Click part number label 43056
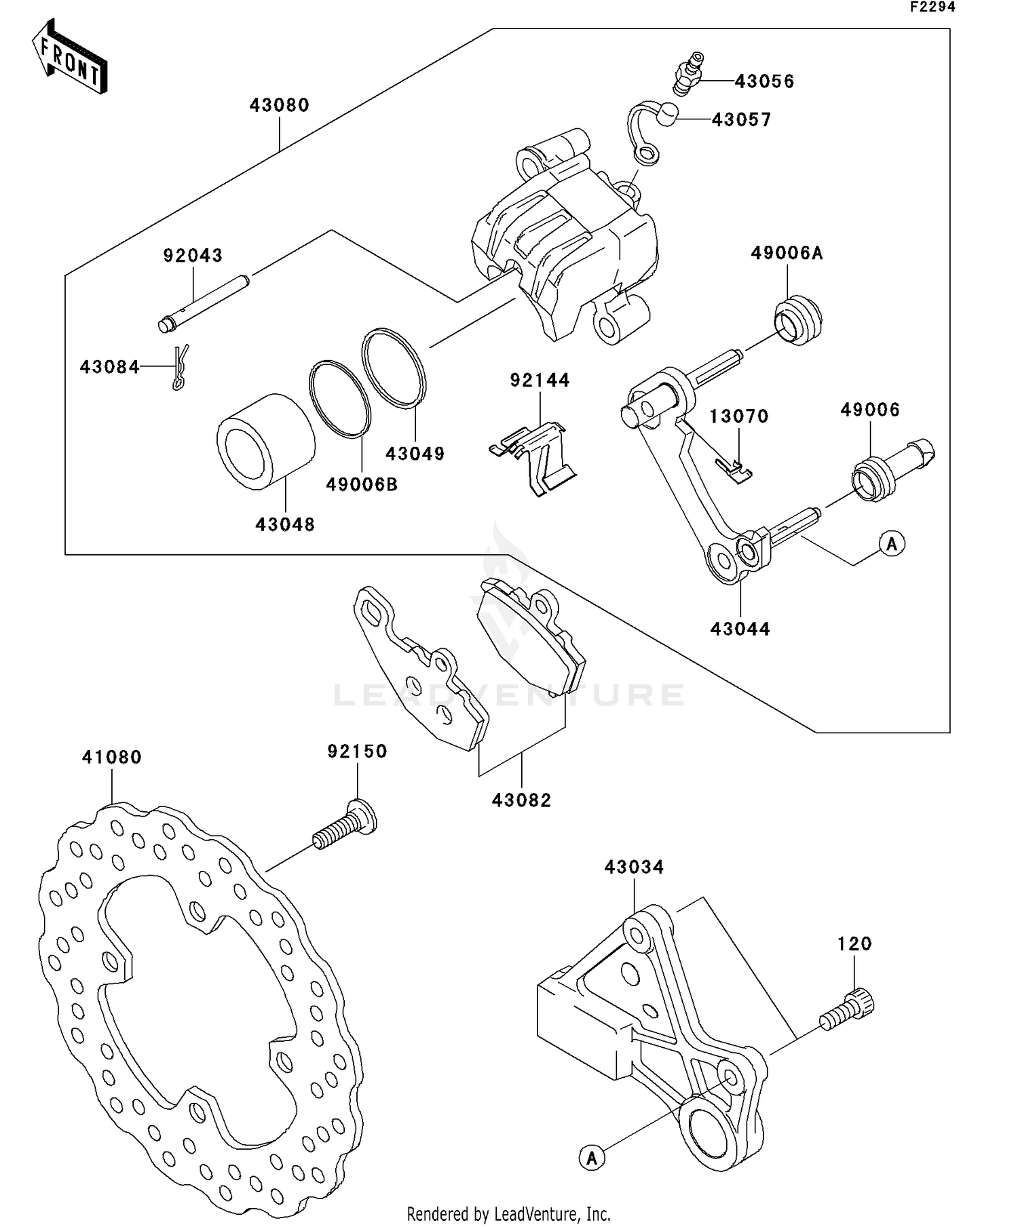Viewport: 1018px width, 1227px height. click(764, 81)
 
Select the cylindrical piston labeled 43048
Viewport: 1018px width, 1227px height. click(265, 442)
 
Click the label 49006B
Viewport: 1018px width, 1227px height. click(361, 484)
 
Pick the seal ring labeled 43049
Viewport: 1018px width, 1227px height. click(394, 368)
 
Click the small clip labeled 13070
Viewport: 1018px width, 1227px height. click(734, 469)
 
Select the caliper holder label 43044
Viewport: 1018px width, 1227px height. click(740, 629)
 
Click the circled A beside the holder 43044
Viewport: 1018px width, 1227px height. click(892, 543)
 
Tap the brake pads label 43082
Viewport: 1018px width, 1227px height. click(521, 800)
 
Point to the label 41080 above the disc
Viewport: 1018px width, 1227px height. click(112, 757)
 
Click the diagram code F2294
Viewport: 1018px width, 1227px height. click(932, 7)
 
